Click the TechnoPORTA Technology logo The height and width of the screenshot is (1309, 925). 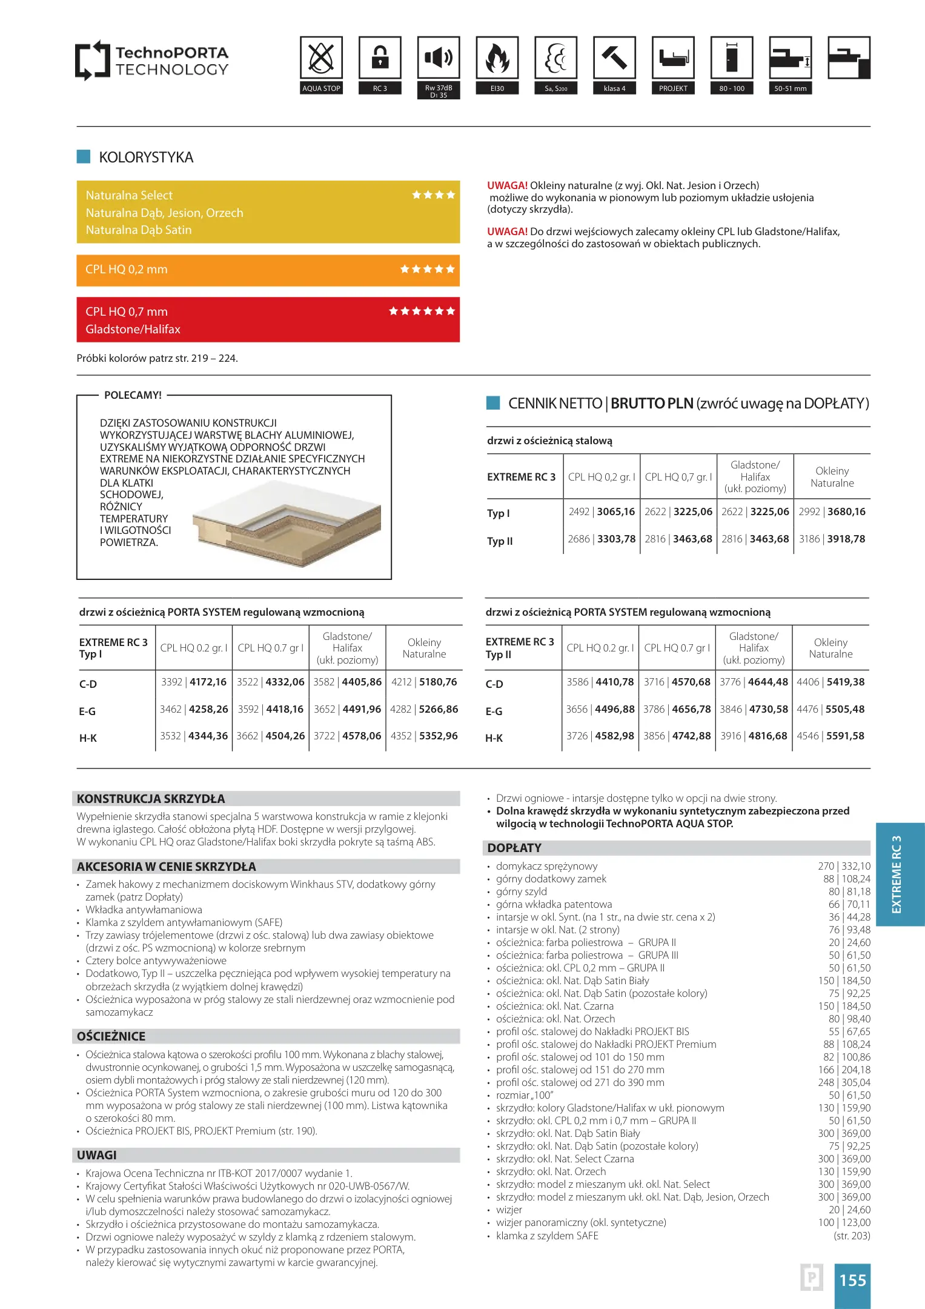coord(151,61)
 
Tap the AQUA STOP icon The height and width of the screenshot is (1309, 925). coord(321,58)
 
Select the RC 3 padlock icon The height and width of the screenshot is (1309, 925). coord(380,58)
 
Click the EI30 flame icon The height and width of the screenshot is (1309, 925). coord(497,58)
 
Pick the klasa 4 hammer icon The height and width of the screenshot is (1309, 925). coord(614,58)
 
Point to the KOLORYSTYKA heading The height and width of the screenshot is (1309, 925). coord(146,158)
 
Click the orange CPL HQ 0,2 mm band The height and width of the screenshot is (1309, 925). coord(268,270)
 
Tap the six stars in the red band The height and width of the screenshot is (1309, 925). coord(422,311)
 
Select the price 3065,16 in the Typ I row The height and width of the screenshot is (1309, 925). coord(615,511)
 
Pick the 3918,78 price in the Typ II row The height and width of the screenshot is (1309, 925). coord(846,539)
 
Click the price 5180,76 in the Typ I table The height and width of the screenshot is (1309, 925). coord(438,682)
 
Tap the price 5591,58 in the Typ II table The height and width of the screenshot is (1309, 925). coord(845,736)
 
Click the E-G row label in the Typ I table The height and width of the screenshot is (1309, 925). coord(87,711)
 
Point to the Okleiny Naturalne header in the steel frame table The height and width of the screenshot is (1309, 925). coord(832,477)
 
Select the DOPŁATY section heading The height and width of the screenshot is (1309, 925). coord(514,848)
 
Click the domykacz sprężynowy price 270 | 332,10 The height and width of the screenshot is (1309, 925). coord(844,866)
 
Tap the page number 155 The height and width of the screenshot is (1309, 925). coord(852,1280)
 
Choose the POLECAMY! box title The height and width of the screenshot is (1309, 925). coord(133,395)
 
